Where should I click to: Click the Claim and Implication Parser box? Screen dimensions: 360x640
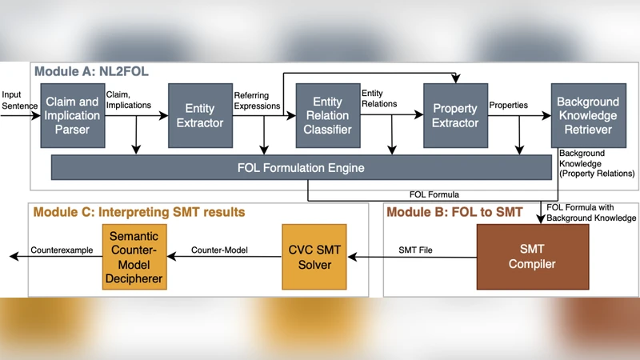pos(72,115)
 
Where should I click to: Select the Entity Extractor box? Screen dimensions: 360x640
pos(200,115)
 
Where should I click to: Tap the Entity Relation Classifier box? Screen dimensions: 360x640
pos(327,115)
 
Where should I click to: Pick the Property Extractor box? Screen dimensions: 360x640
pos(455,115)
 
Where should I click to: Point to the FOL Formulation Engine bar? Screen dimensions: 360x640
pos(301,168)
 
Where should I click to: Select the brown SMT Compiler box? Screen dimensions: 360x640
pos(532,256)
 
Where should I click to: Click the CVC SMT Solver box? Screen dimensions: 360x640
pos(314,257)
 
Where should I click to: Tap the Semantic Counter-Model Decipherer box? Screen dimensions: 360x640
pos(134,257)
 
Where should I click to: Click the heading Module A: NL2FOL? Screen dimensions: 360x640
pos(91,71)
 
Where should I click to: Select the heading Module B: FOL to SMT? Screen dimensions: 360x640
pos(454,212)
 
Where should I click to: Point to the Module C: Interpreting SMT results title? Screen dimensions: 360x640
pos(138,212)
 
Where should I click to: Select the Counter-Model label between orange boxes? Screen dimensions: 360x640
pos(219,250)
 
